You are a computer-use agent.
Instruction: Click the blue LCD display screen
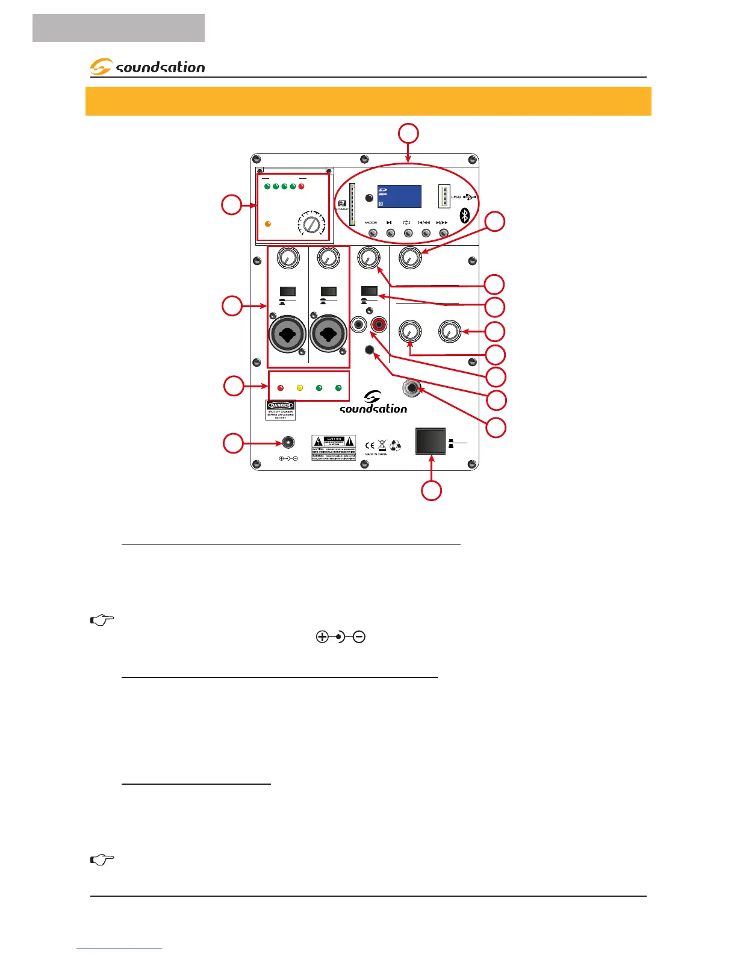[x=399, y=196]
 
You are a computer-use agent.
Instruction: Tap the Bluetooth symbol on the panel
[x=465, y=215]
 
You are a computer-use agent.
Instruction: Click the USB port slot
[x=444, y=196]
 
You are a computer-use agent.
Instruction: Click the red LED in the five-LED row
[x=302, y=187]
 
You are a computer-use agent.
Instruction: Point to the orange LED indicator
[x=268, y=224]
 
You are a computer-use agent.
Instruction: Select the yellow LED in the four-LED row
[x=300, y=388]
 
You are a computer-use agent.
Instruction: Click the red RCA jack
[x=379, y=325]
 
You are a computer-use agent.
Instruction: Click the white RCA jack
[x=359, y=325]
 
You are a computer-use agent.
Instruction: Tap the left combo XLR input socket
[x=288, y=334]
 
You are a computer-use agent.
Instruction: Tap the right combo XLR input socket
[x=329, y=334]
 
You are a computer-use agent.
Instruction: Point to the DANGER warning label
[x=281, y=410]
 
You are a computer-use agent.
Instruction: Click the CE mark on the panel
[x=370, y=446]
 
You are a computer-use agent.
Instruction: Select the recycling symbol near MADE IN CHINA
[x=396, y=446]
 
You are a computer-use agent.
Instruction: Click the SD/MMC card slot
[x=352, y=204]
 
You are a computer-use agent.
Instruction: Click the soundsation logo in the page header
[x=148, y=67]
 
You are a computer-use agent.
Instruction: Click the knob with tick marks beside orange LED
[x=311, y=225]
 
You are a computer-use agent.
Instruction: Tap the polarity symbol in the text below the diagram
[x=341, y=637]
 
